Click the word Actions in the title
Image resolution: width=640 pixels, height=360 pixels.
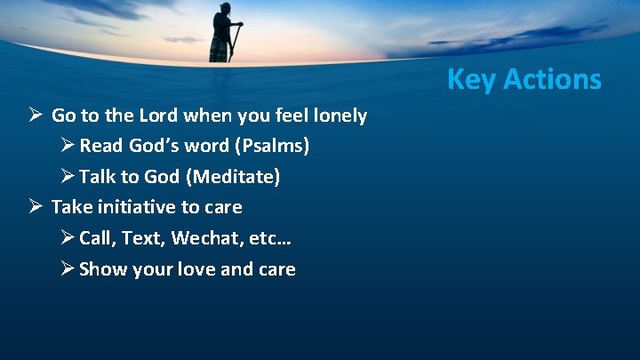[552, 79]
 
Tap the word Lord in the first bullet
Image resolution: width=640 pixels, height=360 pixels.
[165, 115]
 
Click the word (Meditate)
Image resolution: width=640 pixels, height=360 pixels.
[234, 177]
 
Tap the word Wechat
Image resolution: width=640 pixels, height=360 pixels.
[205, 238]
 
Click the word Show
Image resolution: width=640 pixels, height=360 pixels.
[103, 269]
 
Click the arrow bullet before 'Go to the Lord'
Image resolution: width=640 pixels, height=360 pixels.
[35, 115]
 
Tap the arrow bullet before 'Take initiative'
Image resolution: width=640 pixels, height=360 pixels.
[35, 207]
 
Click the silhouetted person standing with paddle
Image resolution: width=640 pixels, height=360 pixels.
[220, 32]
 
